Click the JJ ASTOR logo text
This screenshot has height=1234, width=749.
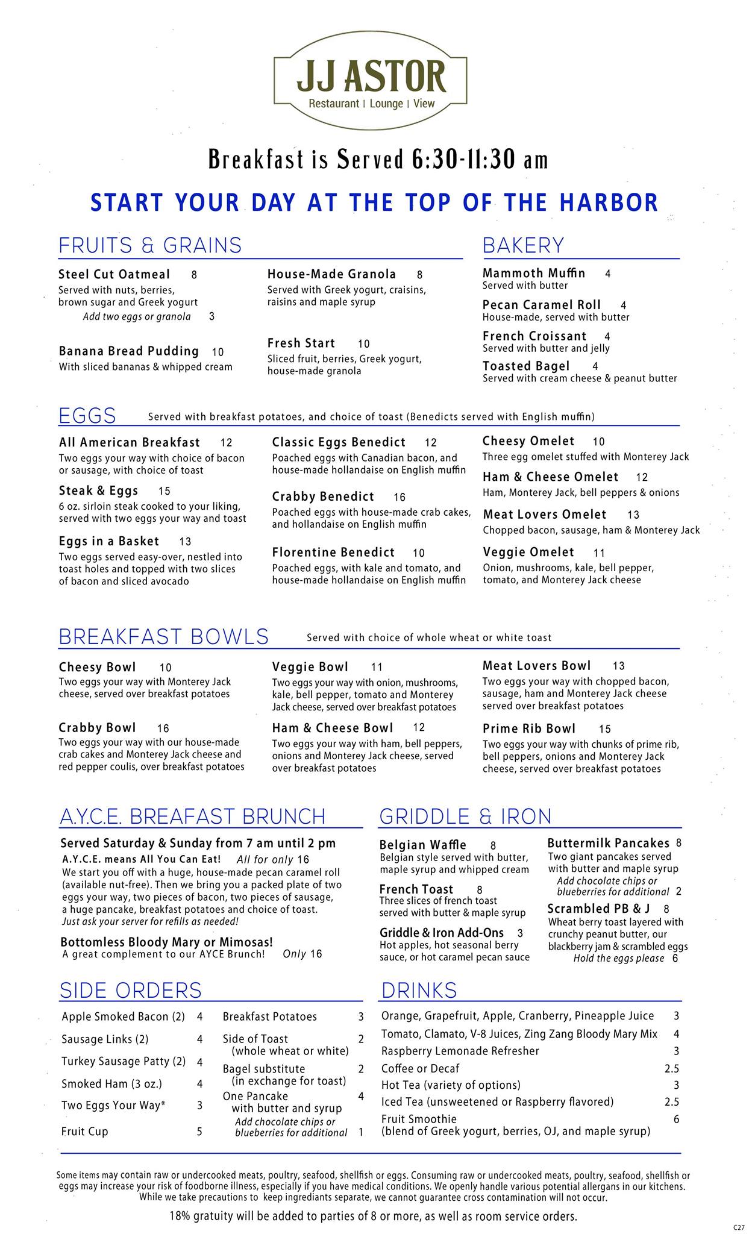(371, 77)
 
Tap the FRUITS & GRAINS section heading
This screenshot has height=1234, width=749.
(149, 246)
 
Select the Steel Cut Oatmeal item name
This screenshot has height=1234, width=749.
(114, 274)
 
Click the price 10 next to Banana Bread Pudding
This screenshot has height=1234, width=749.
(218, 352)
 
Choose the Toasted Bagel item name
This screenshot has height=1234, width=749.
(525, 366)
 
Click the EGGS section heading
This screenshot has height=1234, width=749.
(87, 416)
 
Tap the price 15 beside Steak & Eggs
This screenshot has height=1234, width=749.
(164, 491)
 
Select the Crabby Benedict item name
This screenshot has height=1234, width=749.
(322, 496)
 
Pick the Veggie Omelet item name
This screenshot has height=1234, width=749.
(528, 552)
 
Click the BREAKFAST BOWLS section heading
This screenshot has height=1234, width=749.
(163, 637)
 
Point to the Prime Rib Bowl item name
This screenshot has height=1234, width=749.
(528, 728)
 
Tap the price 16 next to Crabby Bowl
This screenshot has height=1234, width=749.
(163, 728)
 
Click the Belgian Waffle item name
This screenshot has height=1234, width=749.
(422, 845)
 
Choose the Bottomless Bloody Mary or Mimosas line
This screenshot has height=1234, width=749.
(166, 942)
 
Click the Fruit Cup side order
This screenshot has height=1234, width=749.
(84, 1131)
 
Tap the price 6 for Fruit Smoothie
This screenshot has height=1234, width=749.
(676, 1119)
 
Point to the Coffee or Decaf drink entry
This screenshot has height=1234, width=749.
(420, 1068)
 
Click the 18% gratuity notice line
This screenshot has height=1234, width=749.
(373, 1216)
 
